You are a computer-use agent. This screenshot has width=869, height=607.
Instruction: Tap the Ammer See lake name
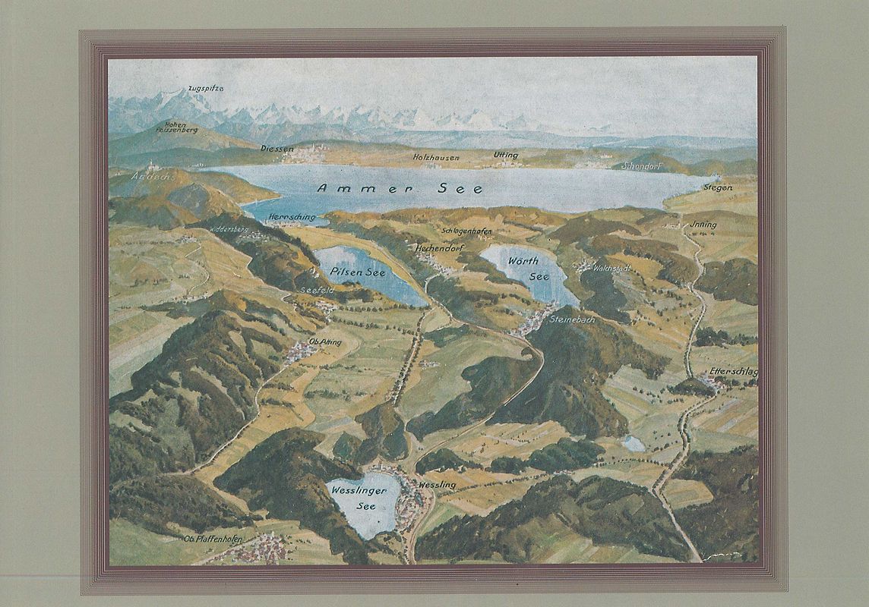click(x=400, y=188)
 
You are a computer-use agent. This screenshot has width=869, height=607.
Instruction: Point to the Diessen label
click(x=276, y=149)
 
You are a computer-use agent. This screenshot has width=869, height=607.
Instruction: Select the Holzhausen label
click(x=436, y=156)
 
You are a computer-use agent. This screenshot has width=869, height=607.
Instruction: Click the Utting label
click(x=506, y=155)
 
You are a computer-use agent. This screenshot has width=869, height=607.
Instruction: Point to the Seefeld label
click(x=318, y=290)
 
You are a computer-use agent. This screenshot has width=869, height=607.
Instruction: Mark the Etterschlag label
click(x=734, y=372)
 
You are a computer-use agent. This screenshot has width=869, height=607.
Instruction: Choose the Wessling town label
click(x=437, y=484)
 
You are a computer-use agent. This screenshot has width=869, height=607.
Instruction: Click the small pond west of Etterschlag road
click(x=632, y=443)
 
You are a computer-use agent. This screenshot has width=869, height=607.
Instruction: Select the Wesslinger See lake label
click(x=359, y=498)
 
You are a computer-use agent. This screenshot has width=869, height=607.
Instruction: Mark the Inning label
click(x=705, y=225)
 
